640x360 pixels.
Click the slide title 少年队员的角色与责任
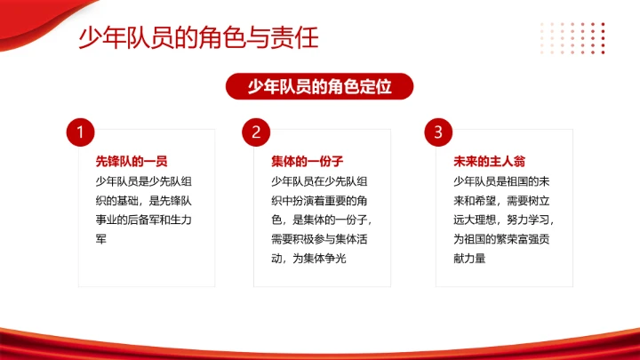[x=198, y=38]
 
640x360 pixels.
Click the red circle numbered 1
[x=80, y=132]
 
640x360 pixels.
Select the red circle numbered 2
[x=255, y=132]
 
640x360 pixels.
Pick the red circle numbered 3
[x=437, y=132]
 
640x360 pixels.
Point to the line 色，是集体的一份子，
[x=321, y=220]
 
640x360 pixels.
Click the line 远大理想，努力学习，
[x=503, y=220]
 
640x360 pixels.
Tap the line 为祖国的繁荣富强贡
[x=501, y=239]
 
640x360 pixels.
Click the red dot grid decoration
[x=573, y=38]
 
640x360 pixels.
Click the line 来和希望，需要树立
[x=501, y=200]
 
